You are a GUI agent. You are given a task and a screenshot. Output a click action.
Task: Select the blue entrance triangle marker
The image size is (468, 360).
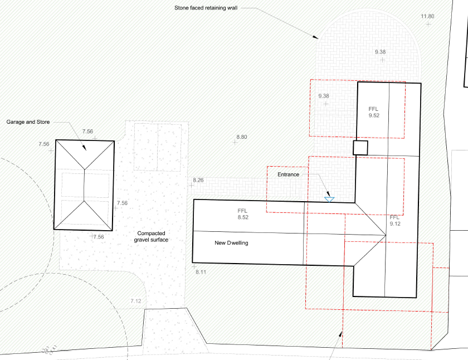329,198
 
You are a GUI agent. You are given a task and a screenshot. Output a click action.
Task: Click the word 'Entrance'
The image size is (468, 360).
289,174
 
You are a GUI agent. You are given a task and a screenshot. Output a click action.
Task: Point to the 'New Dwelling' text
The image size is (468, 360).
231,243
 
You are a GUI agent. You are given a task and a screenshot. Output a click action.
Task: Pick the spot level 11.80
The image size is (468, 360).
427,17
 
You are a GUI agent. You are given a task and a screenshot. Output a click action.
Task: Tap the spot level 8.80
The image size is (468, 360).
242,137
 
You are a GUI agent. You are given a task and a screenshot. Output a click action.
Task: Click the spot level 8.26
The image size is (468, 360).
198,180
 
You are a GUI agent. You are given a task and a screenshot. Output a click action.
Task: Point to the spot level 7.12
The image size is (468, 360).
136,301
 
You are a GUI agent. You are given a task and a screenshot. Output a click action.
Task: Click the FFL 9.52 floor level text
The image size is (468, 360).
374,112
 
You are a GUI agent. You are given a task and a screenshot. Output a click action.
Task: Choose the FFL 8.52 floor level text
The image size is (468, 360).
242,214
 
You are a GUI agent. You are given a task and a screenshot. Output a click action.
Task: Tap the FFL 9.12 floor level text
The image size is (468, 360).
395,220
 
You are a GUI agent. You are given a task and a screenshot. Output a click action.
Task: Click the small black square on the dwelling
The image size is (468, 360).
360,148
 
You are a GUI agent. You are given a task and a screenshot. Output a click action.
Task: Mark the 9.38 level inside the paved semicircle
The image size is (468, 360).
382,52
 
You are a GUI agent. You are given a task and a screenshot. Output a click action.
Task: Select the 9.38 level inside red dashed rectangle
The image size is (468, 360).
324,96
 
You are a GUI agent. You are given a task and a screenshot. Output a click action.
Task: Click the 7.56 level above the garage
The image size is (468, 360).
87,132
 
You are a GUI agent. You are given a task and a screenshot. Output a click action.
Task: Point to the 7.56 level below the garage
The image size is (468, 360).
98,237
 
